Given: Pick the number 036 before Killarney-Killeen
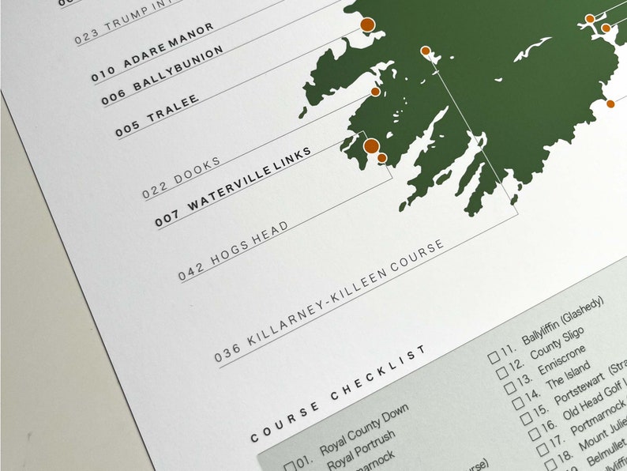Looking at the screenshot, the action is (227, 352).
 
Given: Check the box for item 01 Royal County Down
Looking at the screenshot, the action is (289, 465).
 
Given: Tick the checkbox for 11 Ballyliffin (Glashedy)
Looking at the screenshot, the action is (494, 356).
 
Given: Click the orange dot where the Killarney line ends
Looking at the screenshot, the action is (426, 51).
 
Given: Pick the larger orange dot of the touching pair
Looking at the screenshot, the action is (370, 145).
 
